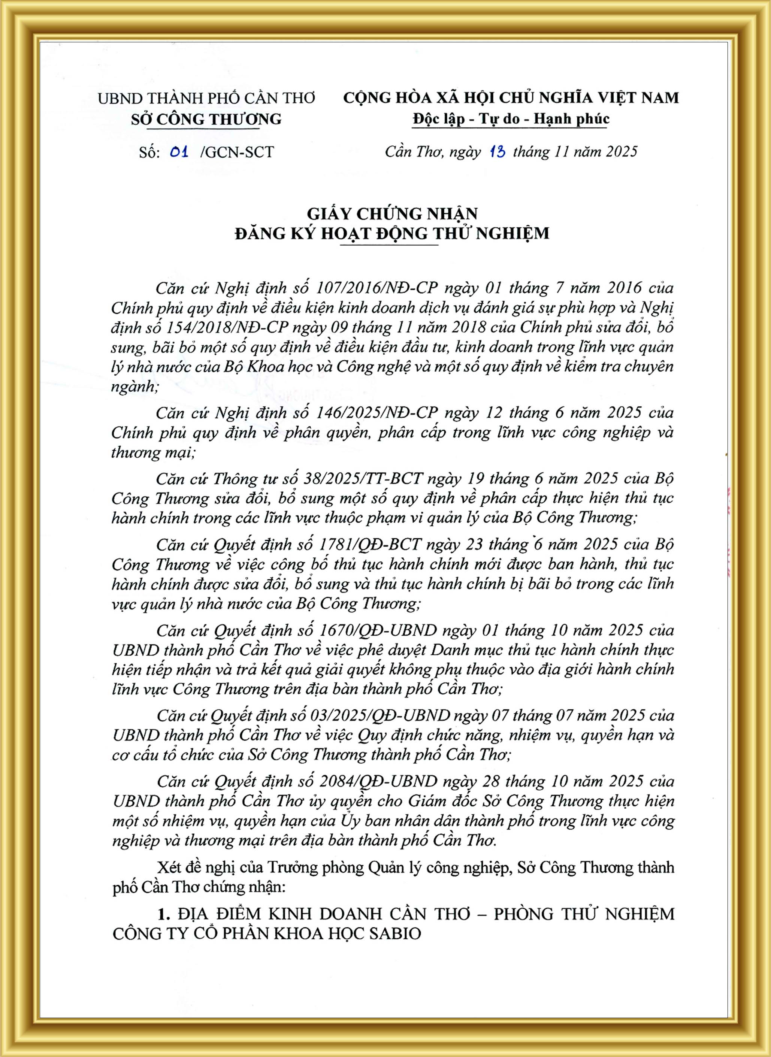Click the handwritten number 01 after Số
[x=179, y=152]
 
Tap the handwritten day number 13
[x=498, y=152]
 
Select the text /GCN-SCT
[x=237, y=152]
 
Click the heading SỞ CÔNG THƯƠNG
[x=206, y=119]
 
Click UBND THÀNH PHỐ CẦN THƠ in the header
[x=206, y=99]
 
